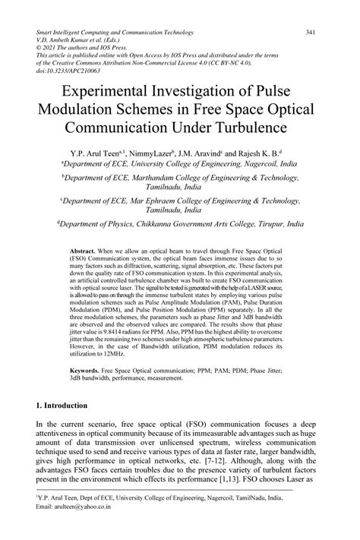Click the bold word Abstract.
(x=81, y=250)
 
